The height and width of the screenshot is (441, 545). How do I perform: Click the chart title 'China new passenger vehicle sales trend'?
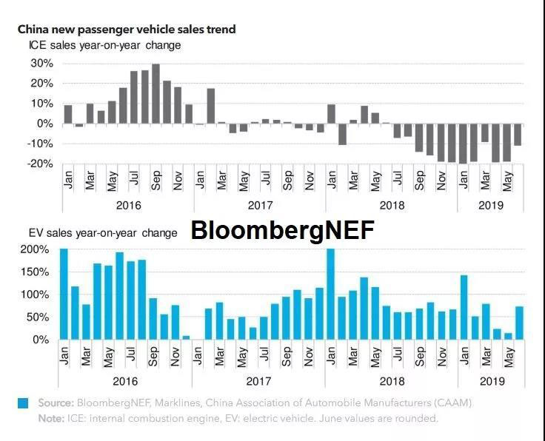pyautogui.click(x=127, y=30)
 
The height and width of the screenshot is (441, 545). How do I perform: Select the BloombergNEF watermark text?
pyautogui.click(x=283, y=231)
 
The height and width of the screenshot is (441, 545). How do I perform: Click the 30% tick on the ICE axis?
pyautogui.click(x=41, y=64)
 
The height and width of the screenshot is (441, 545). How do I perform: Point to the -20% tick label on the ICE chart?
pyautogui.click(x=39, y=164)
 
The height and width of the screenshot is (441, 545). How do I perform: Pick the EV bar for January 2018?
pyautogui.click(x=330, y=294)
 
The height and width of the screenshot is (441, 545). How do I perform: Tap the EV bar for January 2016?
pyautogui.click(x=64, y=294)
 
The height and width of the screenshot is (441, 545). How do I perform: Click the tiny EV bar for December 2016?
pyautogui.click(x=187, y=337)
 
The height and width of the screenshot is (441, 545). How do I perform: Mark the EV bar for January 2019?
pyautogui.click(x=464, y=307)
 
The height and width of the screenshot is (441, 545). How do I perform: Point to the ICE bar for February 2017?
pyautogui.click(x=211, y=106)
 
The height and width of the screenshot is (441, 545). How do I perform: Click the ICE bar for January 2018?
pyautogui.click(x=331, y=114)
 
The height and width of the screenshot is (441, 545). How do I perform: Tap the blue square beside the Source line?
pyautogui.click(x=24, y=403)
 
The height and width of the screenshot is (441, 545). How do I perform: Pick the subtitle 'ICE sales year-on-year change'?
pyautogui.click(x=104, y=45)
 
